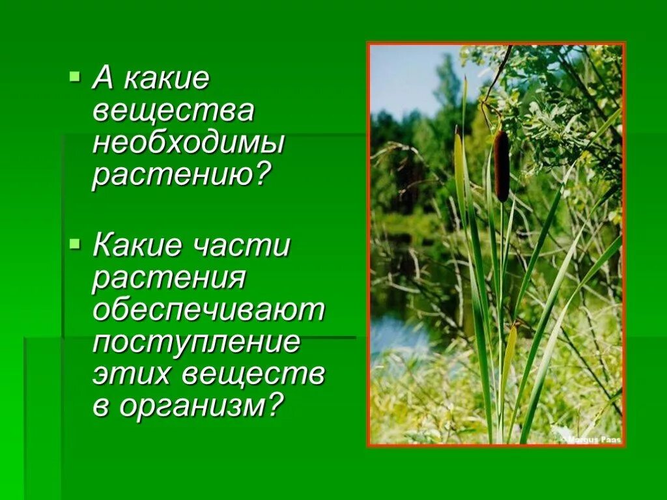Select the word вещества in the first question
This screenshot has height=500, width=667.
tap(173, 111)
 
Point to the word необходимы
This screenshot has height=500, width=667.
tap(188, 143)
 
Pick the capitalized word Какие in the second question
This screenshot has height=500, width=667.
tap(135, 246)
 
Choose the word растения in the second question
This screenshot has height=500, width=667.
tap(169, 279)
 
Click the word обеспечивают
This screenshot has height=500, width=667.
tap(208, 311)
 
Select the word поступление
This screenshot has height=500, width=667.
tap(197, 343)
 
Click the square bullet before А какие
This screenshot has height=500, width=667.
tap(74, 77)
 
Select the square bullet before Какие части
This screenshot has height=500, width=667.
tap(74, 243)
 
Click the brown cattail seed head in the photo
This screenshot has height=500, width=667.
tap(501, 165)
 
